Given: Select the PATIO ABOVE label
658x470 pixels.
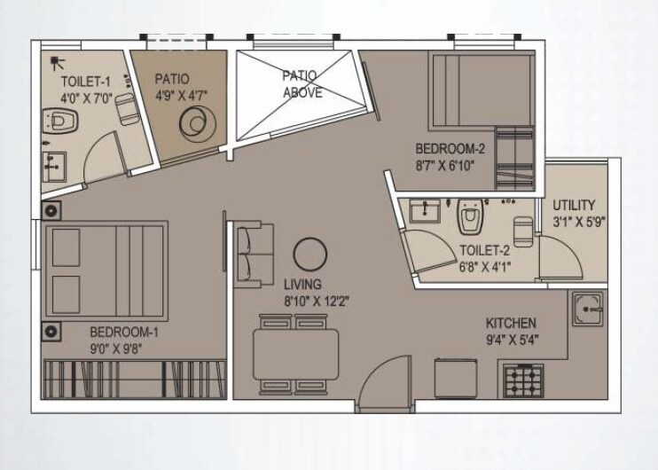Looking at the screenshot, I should point(302,83).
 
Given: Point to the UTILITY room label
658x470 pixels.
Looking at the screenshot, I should point(574,205).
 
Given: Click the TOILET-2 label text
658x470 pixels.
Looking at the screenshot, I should point(484,250).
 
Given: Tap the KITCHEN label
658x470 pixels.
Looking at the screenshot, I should point(511,323).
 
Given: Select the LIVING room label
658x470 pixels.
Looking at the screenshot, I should point(304,285).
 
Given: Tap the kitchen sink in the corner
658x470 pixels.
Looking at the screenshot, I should point(588,309).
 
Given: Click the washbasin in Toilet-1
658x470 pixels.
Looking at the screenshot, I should point(55,166).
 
